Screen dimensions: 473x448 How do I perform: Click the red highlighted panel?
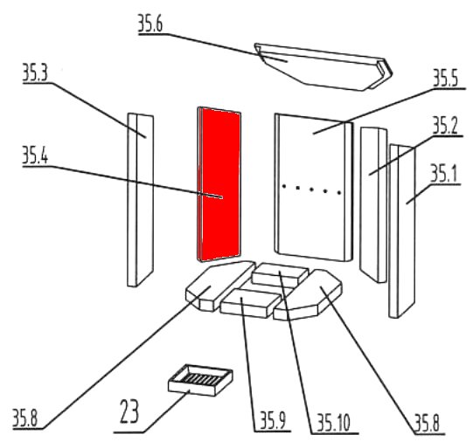[x=219, y=184]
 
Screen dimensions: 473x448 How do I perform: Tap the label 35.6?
[x=150, y=24]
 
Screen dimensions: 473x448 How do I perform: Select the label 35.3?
[x=35, y=72]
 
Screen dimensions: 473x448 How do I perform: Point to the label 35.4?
[x=35, y=155]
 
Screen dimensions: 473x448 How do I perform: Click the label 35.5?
[x=446, y=78]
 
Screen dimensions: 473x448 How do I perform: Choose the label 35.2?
[x=445, y=126]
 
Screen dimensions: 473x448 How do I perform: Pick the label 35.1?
[x=443, y=174]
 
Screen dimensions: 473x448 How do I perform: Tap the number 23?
[x=129, y=411]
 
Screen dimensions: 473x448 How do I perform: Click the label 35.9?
[x=273, y=421]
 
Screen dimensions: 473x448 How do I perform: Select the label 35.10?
[x=333, y=423]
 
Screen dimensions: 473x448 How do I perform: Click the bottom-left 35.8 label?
[x=25, y=418]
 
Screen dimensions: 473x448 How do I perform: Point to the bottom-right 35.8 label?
[x=427, y=424]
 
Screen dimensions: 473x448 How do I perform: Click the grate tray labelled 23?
[x=200, y=380]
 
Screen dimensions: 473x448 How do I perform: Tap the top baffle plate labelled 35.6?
[x=323, y=67]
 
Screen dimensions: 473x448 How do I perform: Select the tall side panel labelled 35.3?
[x=140, y=200]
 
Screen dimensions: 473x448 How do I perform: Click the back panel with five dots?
[x=313, y=187]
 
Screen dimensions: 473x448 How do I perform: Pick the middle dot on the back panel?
[x=311, y=190]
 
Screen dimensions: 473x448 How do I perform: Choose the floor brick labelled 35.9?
[x=250, y=302]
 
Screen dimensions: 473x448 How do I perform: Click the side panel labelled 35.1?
[x=402, y=231]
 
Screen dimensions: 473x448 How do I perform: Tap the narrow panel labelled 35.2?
[x=373, y=205]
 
